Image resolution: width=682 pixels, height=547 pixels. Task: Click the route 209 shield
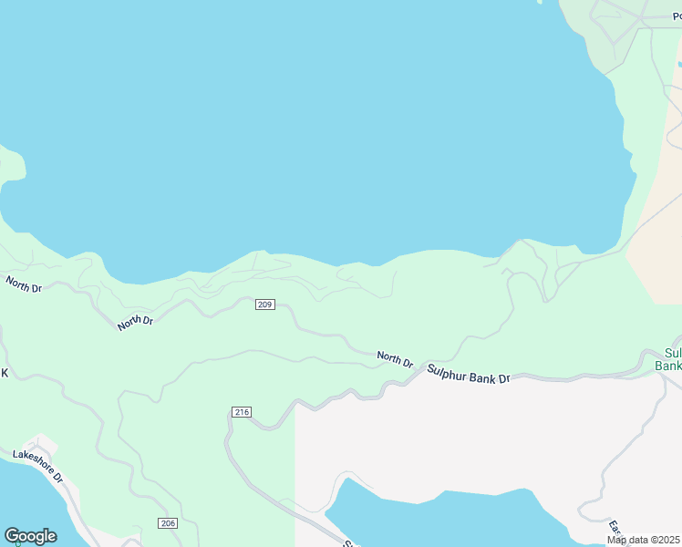(x=265, y=304)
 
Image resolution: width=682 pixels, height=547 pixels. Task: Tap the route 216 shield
(x=242, y=413)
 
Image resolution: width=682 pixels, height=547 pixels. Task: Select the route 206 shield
(x=167, y=523)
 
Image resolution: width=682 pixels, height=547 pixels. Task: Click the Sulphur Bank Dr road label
(x=469, y=374)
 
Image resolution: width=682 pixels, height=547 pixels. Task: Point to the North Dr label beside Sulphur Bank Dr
(x=396, y=359)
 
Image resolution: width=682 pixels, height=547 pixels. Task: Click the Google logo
(x=30, y=536)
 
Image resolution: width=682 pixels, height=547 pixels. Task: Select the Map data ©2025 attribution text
(x=643, y=540)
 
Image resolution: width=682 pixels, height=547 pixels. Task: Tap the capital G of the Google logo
(x=11, y=536)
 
